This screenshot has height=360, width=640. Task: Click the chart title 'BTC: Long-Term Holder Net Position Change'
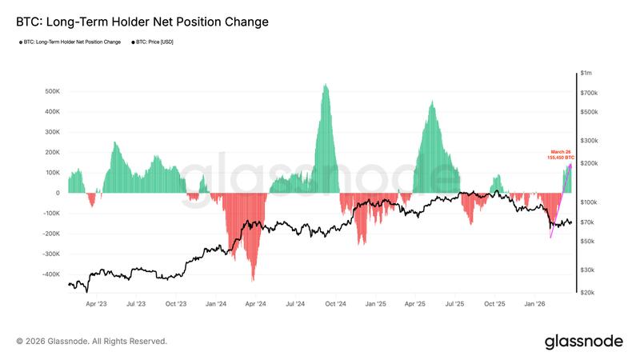click(x=142, y=22)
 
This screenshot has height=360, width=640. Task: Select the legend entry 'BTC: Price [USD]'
click(x=154, y=42)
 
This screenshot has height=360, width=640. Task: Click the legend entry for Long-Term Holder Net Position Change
click(x=73, y=42)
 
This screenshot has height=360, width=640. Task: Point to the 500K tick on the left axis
click(x=50, y=91)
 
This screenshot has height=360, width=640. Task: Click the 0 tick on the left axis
click(x=58, y=193)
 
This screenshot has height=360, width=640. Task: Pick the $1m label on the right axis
click(x=587, y=74)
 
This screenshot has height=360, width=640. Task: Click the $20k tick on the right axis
click(x=588, y=293)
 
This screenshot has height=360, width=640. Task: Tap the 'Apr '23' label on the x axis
click(x=96, y=304)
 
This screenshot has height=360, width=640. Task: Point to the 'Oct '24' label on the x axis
click(x=335, y=304)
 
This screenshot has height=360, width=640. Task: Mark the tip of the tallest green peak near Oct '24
click(x=325, y=85)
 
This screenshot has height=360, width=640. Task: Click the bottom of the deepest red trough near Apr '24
click(x=253, y=280)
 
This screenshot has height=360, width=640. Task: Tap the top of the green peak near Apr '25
click(x=432, y=102)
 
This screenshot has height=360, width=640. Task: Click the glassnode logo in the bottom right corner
click(x=583, y=342)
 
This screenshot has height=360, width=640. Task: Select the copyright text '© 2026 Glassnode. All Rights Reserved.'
click(x=91, y=342)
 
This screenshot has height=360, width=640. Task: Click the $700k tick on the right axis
click(x=589, y=94)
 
